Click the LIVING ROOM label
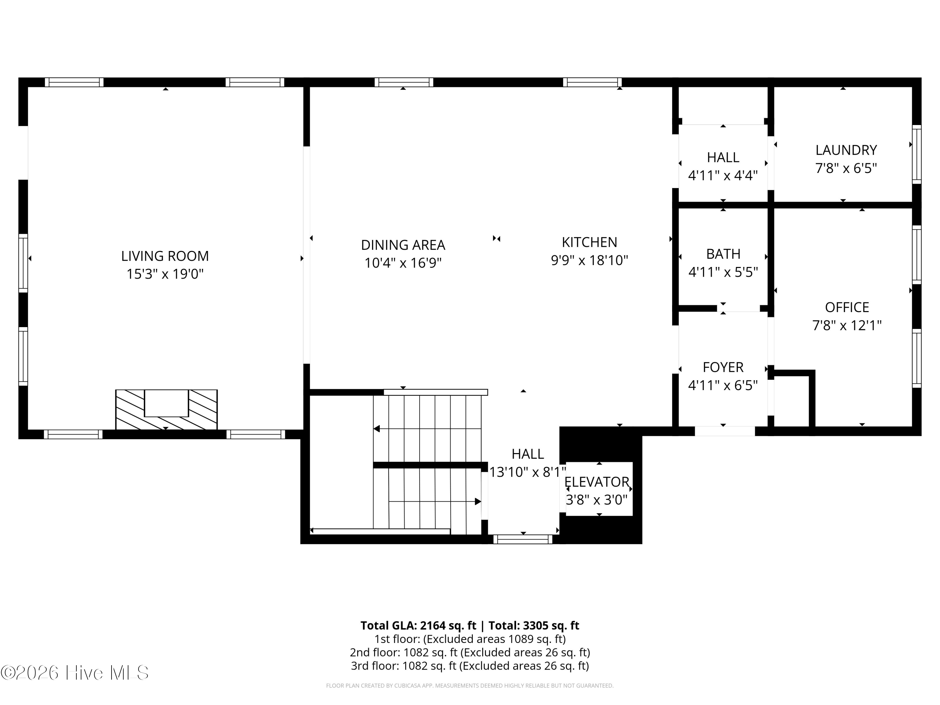[165, 256]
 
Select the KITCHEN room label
[589, 242]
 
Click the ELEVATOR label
[597, 482]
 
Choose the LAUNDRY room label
[846, 150]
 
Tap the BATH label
[723, 254]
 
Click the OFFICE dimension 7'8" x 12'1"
[847, 326]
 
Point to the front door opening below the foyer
[724, 431]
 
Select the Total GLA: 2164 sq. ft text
[418, 625]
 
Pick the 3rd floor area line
[470, 666]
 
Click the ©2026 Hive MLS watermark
[75, 673]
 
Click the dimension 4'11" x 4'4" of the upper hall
[723, 175]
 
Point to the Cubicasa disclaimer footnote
[470, 686]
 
